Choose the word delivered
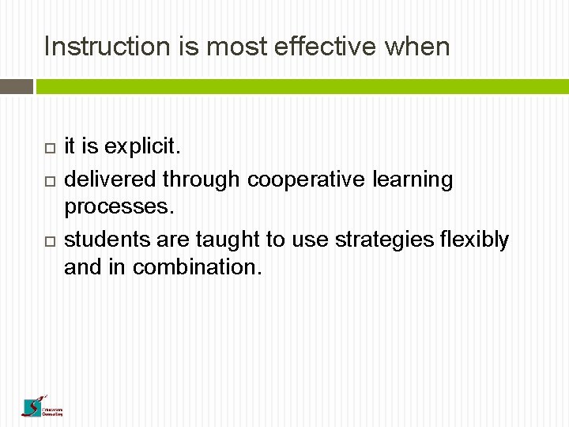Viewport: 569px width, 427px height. tap(110, 179)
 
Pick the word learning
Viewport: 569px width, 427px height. tap(413, 180)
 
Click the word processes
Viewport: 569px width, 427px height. tap(117, 207)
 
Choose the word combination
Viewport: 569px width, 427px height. tap(197, 267)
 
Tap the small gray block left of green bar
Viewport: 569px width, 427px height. tap(16, 85)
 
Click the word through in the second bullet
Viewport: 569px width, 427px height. tap(202, 180)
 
